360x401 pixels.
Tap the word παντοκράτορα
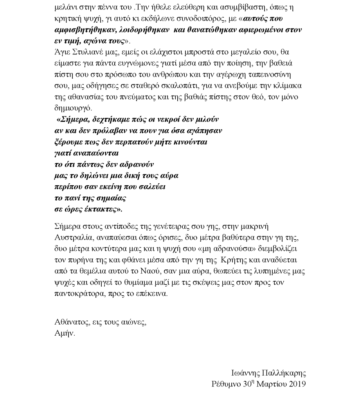click(78, 294)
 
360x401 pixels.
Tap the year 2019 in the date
click(297, 384)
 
